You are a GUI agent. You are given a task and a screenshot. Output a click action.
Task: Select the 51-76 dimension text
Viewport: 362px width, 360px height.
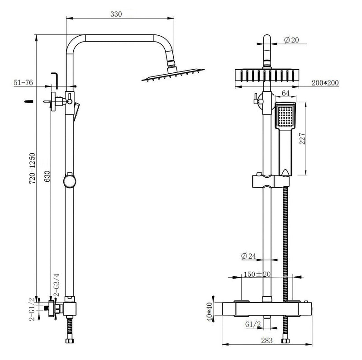(x=23, y=82)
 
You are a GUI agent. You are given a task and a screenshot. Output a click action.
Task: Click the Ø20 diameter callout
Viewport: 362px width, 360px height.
(x=292, y=40)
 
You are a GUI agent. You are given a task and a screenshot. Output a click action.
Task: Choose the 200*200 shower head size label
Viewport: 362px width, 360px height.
(x=325, y=82)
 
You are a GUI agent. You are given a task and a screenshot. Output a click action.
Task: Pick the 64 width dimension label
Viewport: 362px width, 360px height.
(x=286, y=93)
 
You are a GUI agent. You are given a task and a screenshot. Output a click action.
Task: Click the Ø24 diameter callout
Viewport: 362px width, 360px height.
(x=249, y=256)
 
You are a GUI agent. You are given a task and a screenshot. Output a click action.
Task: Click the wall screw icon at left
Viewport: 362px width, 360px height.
(x=28, y=102)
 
